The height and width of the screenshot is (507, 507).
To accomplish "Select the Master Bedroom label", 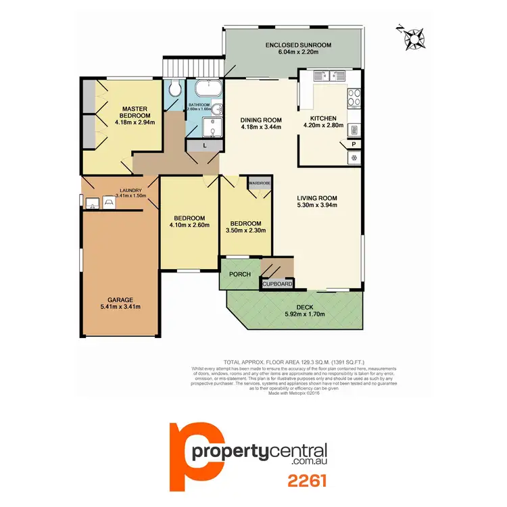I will click(x=135, y=112).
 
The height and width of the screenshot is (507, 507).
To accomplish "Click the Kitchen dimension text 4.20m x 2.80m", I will click(x=324, y=125).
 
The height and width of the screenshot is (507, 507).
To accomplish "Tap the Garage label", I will click(x=122, y=299).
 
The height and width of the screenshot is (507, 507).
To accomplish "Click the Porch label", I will click(x=240, y=274).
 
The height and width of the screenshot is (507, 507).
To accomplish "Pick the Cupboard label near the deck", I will click(x=277, y=285).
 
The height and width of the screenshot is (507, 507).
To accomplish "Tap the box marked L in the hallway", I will click(x=205, y=146).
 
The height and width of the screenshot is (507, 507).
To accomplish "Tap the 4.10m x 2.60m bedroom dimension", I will click(x=189, y=226).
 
